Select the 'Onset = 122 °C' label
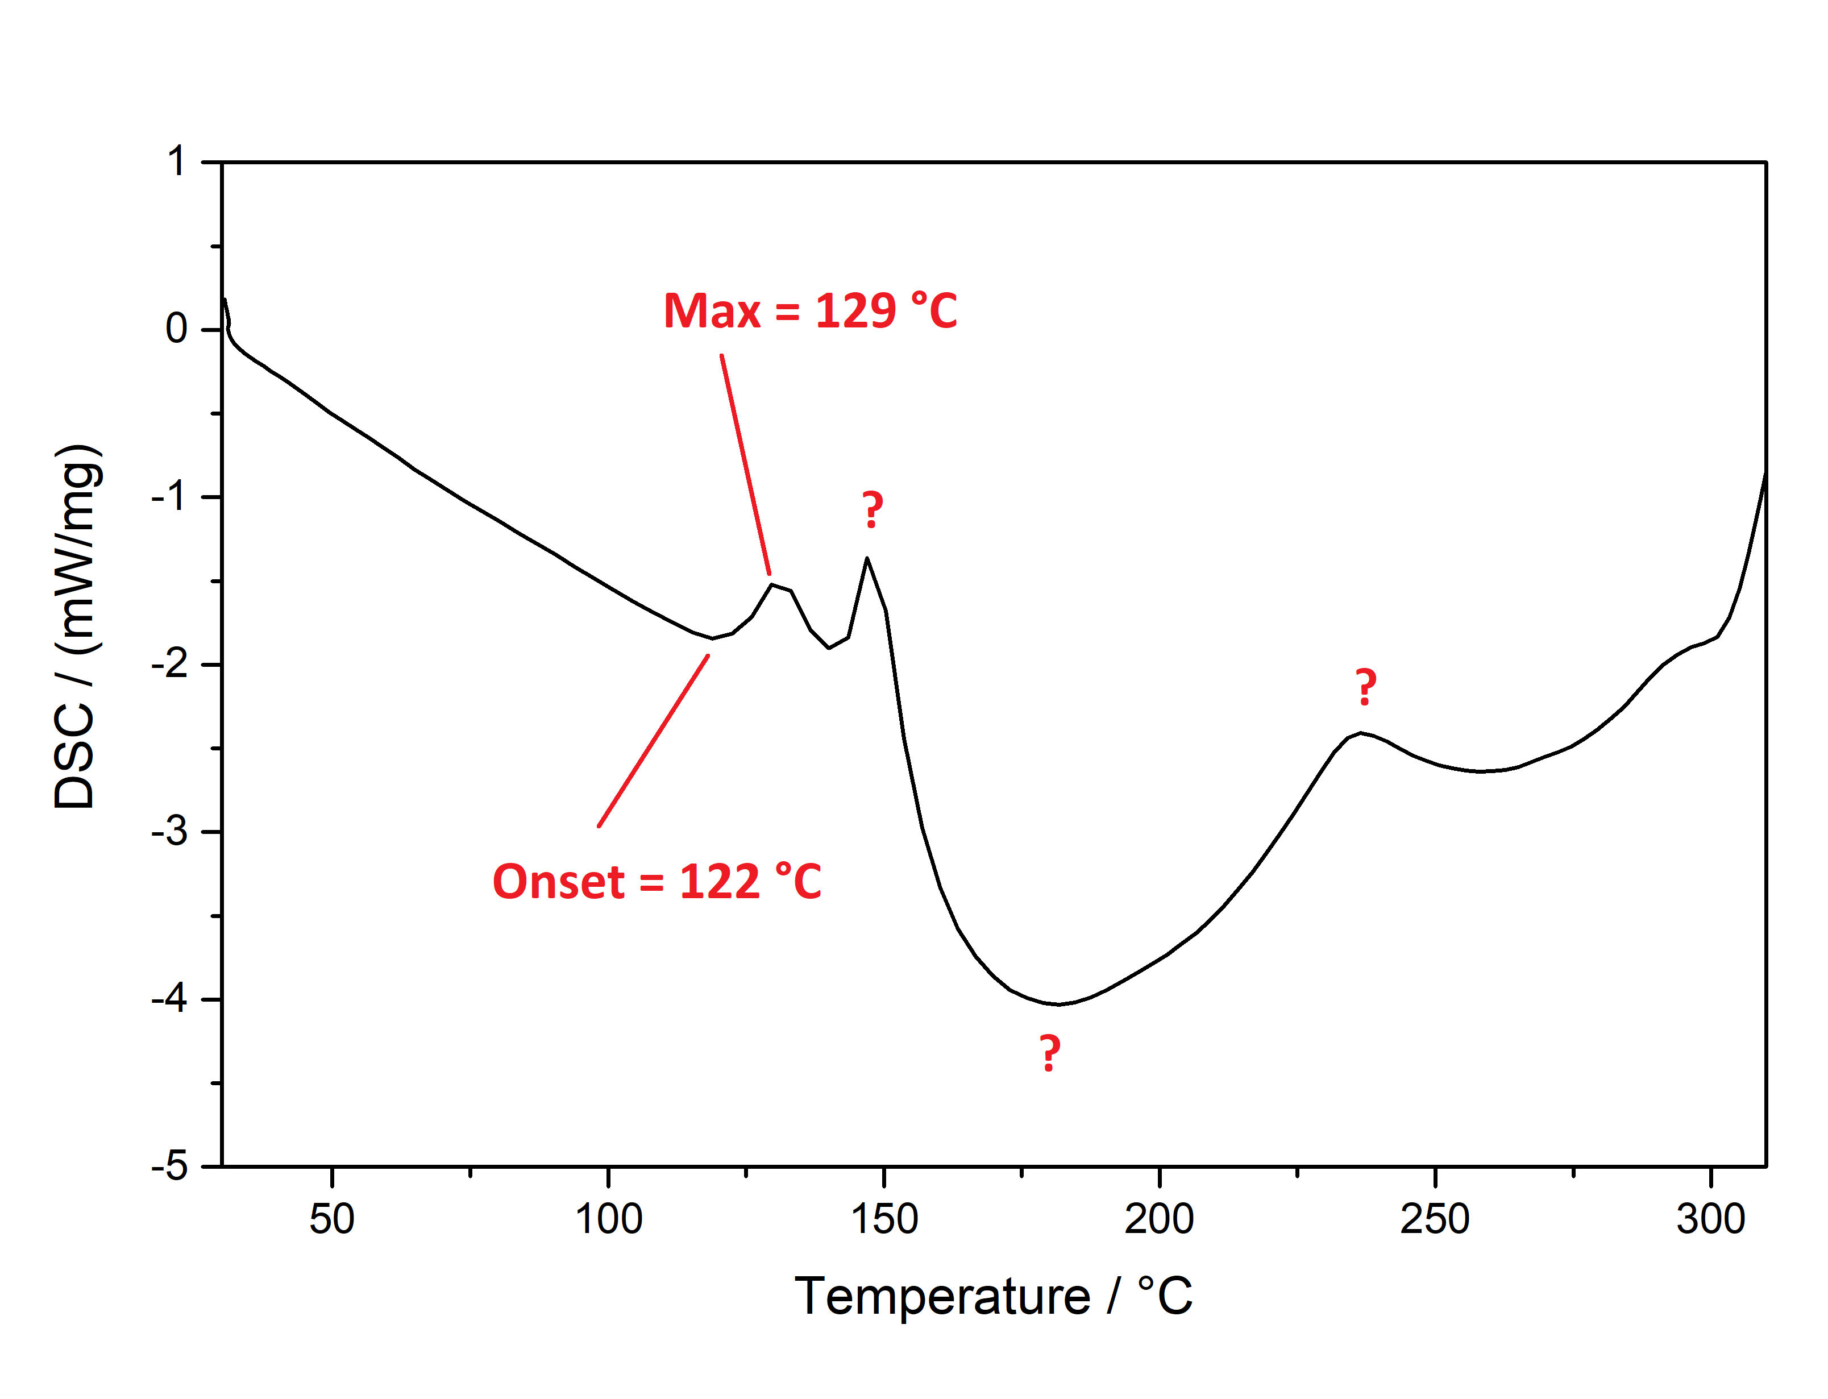coord(657,882)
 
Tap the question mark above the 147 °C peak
coord(871,510)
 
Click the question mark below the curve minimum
coord(1050,1053)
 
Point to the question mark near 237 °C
coord(1365,688)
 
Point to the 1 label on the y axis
coord(176,161)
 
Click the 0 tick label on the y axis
coord(176,329)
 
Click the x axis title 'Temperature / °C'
coord(993,1297)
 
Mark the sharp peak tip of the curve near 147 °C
coord(867,559)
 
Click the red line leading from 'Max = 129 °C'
coord(745,464)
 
